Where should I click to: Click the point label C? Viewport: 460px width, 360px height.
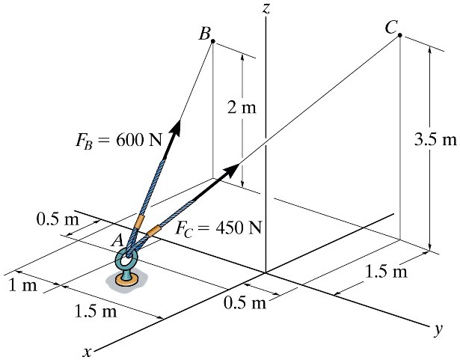click(x=391, y=28)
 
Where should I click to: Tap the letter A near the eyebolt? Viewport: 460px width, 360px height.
click(x=116, y=240)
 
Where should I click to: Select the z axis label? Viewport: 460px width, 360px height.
click(x=266, y=8)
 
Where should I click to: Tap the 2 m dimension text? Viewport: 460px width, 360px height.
click(x=242, y=109)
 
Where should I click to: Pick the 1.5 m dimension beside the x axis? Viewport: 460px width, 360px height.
click(x=96, y=311)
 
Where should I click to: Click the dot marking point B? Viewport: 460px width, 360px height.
click(x=213, y=42)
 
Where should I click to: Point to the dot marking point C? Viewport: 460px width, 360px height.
click(x=400, y=35)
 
